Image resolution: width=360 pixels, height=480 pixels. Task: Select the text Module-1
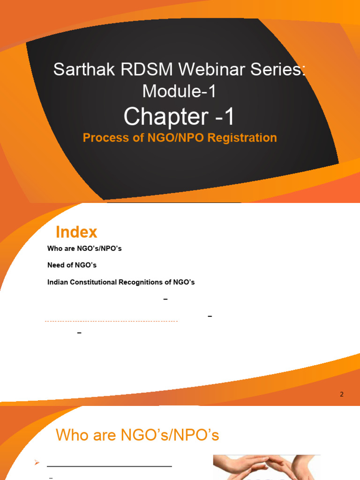[x=180, y=91]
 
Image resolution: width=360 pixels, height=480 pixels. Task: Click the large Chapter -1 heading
[x=179, y=117]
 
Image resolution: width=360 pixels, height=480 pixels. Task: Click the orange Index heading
[x=76, y=232]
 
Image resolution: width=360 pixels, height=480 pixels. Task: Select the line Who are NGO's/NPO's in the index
[x=84, y=248]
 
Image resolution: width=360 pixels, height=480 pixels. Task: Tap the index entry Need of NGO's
[x=72, y=265]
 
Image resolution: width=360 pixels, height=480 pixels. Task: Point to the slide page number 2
[x=342, y=394]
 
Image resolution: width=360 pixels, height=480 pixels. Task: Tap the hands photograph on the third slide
[x=266, y=467]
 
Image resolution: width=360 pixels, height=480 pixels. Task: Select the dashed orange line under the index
[x=111, y=321]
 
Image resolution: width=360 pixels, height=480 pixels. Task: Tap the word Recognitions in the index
[x=158, y=282]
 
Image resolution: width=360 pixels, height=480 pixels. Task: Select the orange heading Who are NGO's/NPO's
[x=137, y=435]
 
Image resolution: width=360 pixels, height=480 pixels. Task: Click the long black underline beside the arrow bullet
[x=109, y=466]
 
